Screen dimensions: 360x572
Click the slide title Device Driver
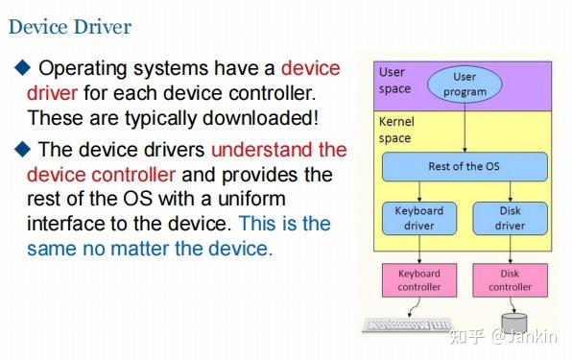(69, 26)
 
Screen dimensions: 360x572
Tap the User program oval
(464, 84)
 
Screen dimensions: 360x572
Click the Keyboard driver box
(419, 218)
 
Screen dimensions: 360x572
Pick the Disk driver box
(510, 218)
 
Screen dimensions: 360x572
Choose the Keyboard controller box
(419, 280)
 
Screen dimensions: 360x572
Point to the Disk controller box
(510, 280)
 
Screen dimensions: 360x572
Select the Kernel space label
(396, 131)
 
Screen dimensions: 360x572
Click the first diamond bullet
(22, 68)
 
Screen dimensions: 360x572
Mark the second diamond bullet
(22, 150)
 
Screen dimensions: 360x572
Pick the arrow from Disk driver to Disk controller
(510, 250)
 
